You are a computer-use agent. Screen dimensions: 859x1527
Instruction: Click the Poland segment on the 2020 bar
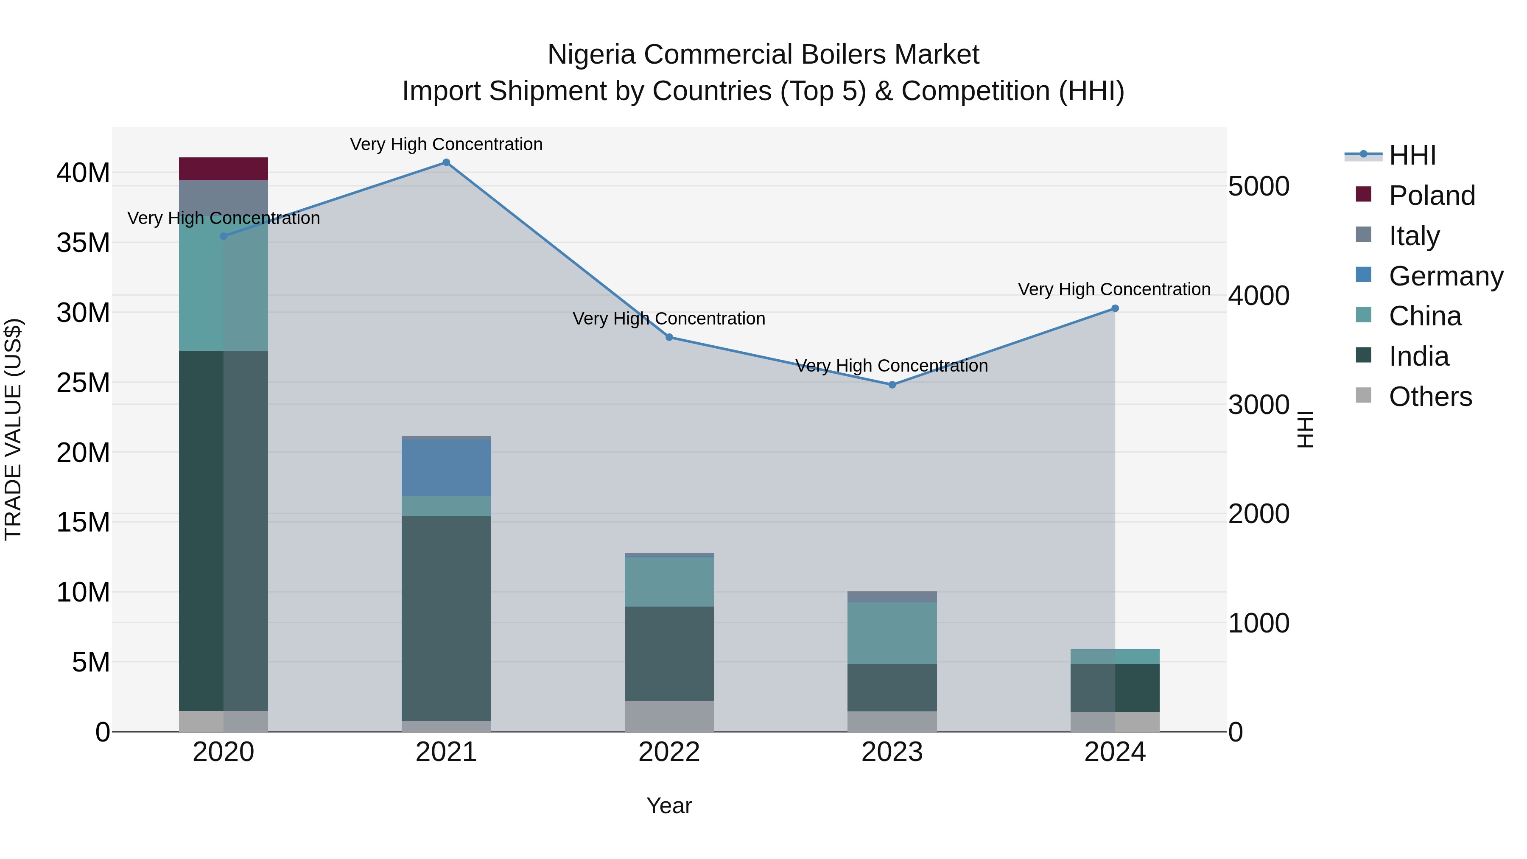tap(224, 169)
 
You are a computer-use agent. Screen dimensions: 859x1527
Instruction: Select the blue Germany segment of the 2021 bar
tap(446, 468)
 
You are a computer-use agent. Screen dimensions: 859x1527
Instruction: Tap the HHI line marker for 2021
tap(446, 162)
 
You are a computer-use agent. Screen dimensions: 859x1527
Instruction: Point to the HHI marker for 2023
tap(892, 385)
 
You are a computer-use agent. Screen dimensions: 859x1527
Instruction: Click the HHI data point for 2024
tap(1115, 308)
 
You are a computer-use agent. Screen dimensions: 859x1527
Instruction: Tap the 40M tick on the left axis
tap(83, 173)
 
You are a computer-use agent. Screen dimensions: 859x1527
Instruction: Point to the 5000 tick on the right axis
tap(1259, 186)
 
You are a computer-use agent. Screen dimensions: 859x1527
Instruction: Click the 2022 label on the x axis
tap(669, 752)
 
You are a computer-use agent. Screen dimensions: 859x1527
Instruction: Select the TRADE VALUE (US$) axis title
tap(13, 429)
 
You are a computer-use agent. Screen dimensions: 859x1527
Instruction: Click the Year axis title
tap(669, 806)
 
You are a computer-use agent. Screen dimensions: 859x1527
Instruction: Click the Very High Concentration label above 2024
tap(1114, 289)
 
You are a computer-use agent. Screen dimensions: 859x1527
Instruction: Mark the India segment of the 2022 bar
tap(669, 653)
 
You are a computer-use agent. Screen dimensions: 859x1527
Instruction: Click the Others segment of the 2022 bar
tap(669, 716)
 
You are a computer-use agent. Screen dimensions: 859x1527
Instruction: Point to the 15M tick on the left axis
tap(83, 522)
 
